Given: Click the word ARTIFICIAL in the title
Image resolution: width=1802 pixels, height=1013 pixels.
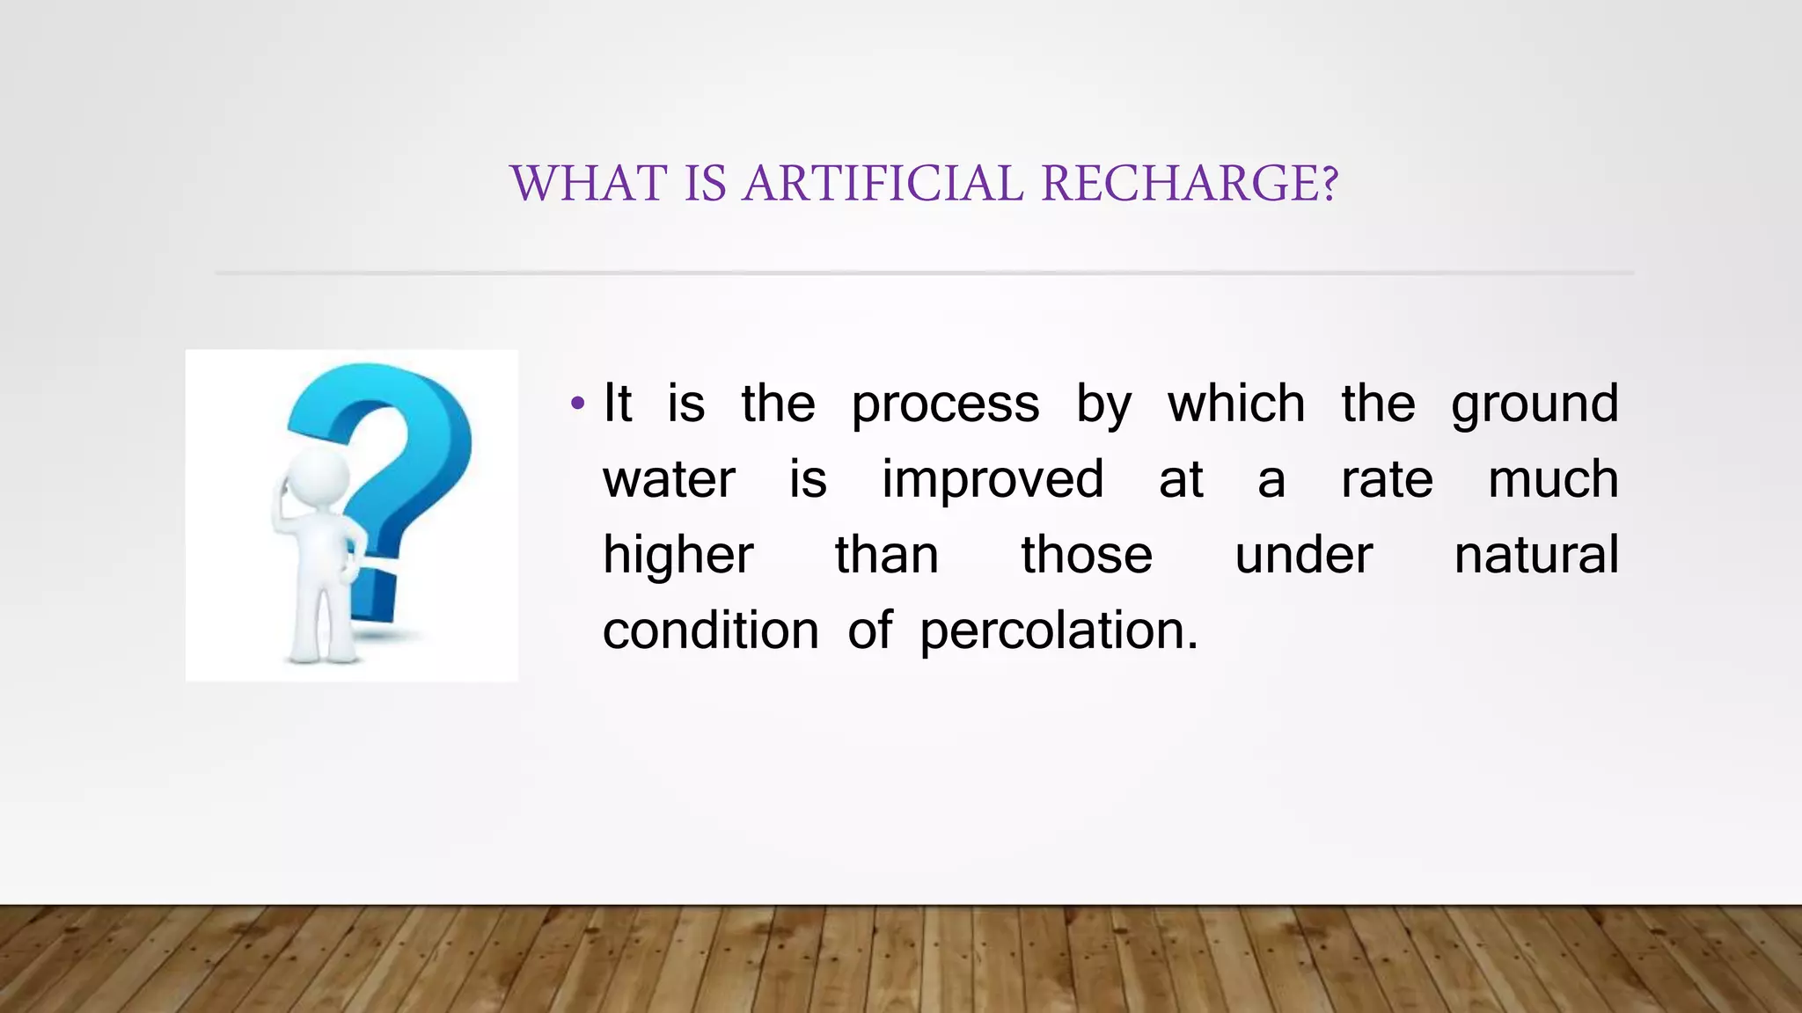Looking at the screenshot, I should [x=883, y=184].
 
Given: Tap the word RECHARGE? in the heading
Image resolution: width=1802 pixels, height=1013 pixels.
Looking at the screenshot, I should [x=1190, y=184].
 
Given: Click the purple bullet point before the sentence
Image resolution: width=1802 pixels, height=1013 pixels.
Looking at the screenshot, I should [x=577, y=404].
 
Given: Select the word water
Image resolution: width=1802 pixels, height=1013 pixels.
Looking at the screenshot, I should [x=669, y=480].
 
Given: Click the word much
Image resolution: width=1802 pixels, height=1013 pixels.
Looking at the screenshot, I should [x=1553, y=480].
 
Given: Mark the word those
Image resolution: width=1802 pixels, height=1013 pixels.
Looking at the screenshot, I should [x=1087, y=556].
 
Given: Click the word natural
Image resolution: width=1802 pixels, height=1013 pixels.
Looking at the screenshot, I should [x=1536, y=556].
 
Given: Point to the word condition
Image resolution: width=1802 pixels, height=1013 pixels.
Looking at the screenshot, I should [x=710, y=631].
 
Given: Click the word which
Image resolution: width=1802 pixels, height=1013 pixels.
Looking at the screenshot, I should [x=1236, y=404].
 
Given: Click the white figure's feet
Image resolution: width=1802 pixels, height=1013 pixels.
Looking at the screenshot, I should [x=321, y=655].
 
